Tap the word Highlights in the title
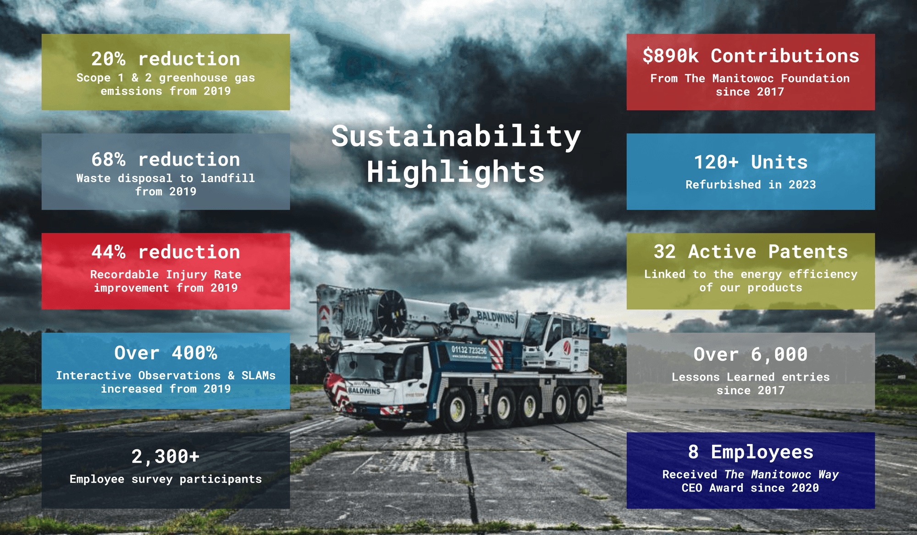click(456, 172)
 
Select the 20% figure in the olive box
click(108, 59)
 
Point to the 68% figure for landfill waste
click(108, 160)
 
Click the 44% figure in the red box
click(108, 252)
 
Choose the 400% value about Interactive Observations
click(194, 353)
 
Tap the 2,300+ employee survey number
click(166, 457)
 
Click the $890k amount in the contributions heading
click(671, 56)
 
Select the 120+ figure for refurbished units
click(716, 162)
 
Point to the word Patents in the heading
click(808, 252)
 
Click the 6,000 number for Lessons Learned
click(779, 355)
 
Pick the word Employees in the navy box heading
click(762, 452)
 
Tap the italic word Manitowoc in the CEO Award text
click(781, 474)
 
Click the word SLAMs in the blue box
click(259, 375)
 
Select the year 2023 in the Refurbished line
click(802, 185)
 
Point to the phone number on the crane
click(469, 350)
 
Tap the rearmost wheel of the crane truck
click(583, 401)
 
